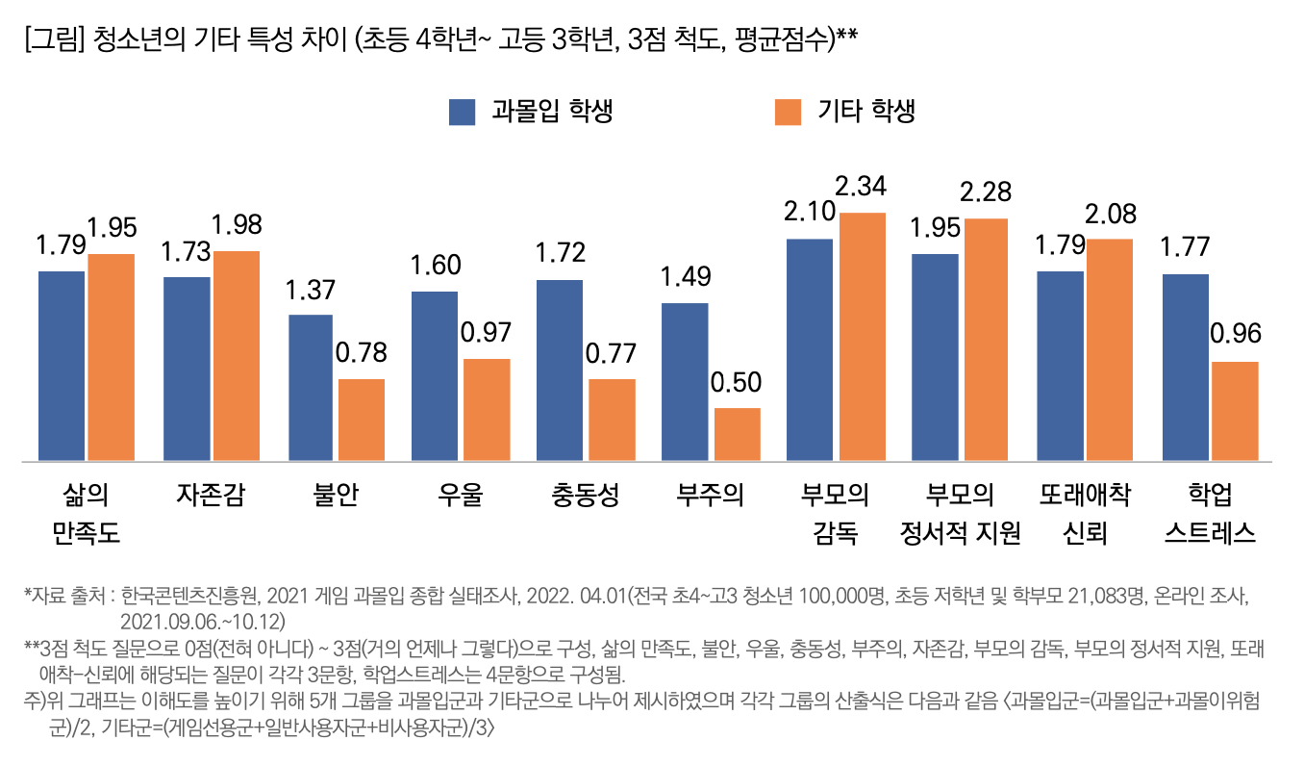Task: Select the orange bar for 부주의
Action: click(737, 434)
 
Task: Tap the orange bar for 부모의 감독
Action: click(862, 337)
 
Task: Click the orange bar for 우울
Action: click(487, 410)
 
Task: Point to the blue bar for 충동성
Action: click(560, 370)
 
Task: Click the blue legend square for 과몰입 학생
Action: click(463, 112)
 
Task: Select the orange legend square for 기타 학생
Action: click(788, 112)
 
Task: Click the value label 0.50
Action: click(736, 382)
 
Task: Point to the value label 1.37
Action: click(311, 288)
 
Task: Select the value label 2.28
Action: click(986, 191)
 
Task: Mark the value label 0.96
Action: click(1235, 335)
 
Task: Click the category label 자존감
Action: click(210, 496)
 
